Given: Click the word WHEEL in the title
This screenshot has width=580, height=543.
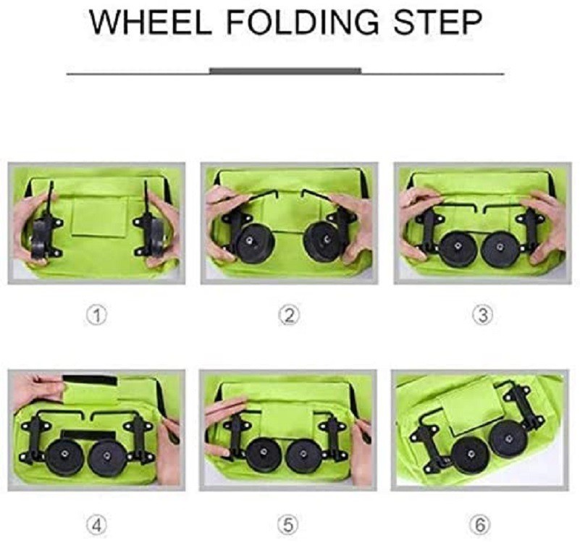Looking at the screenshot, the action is pyautogui.click(x=151, y=23).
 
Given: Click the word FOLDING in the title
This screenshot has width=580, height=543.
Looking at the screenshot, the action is pyautogui.click(x=303, y=23).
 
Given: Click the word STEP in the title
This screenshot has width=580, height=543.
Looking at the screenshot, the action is pyautogui.click(x=437, y=23).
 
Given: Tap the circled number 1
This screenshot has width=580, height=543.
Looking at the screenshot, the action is pyautogui.click(x=96, y=316).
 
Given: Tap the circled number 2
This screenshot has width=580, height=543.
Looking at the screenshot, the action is pyautogui.click(x=289, y=316).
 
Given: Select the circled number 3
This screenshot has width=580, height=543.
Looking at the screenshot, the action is pyautogui.click(x=482, y=316).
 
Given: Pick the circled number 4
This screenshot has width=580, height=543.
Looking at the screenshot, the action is pyautogui.click(x=96, y=525).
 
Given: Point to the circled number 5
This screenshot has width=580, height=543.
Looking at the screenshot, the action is pyautogui.click(x=288, y=525).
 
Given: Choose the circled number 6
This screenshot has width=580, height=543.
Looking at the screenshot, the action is pyautogui.click(x=479, y=525).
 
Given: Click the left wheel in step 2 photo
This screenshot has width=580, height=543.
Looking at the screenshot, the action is pyautogui.click(x=254, y=243).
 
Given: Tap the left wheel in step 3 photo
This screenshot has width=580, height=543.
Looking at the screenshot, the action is pyautogui.click(x=458, y=248).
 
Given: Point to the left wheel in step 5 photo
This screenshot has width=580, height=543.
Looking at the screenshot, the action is pyautogui.click(x=264, y=454).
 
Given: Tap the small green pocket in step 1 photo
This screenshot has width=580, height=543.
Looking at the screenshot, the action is pyautogui.click(x=99, y=216).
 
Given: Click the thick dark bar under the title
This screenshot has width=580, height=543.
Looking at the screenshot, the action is pyautogui.click(x=285, y=71).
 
